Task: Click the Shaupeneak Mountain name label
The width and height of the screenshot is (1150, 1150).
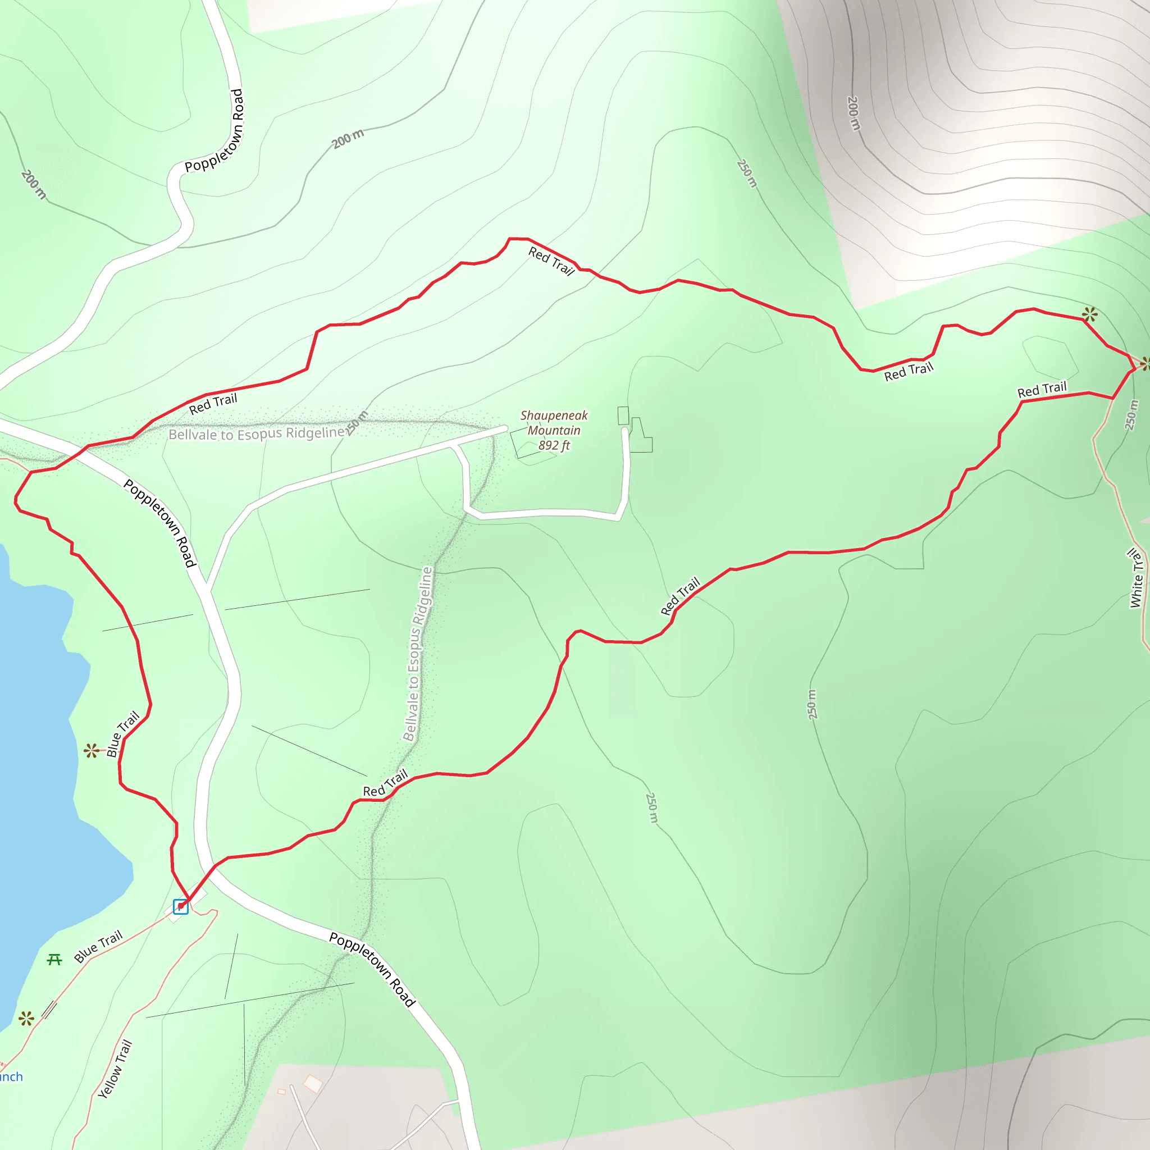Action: [x=554, y=423]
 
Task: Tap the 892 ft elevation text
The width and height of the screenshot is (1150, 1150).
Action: [x=554, y=445]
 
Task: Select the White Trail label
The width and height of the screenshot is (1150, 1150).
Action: [x=1137, y=578]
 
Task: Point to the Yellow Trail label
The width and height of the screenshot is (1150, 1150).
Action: [x=115, y=1069]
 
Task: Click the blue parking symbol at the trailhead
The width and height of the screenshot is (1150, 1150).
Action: [x=180, y=906]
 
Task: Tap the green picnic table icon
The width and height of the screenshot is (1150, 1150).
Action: [x=54, y=960]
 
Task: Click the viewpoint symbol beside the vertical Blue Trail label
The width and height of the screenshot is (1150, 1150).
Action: [x=91, y=751]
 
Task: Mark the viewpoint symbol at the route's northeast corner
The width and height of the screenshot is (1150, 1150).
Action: [x=1089, y=314]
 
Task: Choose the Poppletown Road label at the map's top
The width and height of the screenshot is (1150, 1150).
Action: [x=215, y=131]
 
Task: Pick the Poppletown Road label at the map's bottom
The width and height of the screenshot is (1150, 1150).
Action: [x=372, y=970]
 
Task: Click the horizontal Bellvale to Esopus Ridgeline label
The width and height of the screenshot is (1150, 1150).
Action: [x=257, y=433]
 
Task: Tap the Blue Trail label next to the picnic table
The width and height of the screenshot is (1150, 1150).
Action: [x=98, y=946]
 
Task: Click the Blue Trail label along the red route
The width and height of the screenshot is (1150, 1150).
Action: [x=122, y=734]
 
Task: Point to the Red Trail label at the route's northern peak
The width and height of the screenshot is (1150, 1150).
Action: [x=551, y=262]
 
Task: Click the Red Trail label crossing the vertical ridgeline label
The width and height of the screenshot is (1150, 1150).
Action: [x=386, y=783]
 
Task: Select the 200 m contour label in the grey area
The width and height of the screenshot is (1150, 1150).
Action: [x=854, y=113]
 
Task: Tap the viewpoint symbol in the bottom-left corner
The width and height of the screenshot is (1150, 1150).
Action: [x=26, y=1019]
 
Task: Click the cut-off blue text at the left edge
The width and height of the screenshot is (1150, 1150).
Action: [x=11, y=1076]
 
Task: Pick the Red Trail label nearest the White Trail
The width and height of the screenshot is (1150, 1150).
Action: [x=1042, y=390]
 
